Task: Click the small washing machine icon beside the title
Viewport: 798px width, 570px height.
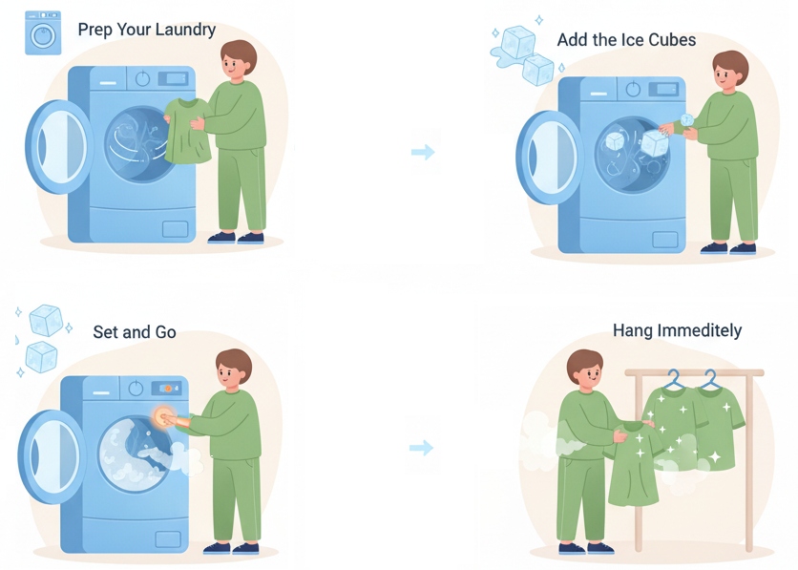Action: click(x=43, y=32)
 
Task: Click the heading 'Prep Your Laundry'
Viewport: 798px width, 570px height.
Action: click(x=147, y=29)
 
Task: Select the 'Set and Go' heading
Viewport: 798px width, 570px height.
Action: click(x=135, y=332)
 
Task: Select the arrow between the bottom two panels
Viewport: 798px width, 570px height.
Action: click(x=421, y=448)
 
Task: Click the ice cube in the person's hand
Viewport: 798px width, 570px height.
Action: click(x=685, y=119)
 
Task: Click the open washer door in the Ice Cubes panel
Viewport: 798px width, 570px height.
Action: click(x=549, y=158)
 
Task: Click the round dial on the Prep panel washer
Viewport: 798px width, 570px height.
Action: click(x=143, y=79)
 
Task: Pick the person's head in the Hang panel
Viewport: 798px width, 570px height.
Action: click(x=584, y=370)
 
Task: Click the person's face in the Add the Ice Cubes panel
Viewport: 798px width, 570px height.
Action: click(x=730, y=76)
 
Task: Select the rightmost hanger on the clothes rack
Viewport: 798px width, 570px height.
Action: click(x=709, y=379)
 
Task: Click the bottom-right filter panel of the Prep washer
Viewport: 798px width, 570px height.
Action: click(x=175, y=229)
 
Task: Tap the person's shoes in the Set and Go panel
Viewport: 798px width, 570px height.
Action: click(x=230, y=548)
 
